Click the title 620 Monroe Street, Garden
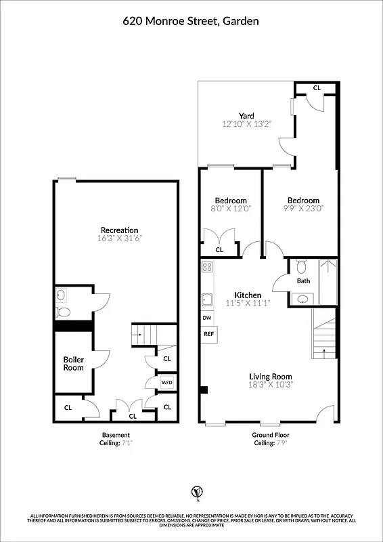[x=191, y=21]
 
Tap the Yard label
[x=246, y=116]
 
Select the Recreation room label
[x=119, y=230]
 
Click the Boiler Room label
[x=73, y=363]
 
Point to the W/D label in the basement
[x=166, y=382]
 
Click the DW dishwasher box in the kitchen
[x=207, y=318]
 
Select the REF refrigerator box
[x=208, y=334]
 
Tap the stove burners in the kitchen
[x=206, y=268]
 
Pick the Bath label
[x=302, y=280]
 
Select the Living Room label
[x=271, y=377]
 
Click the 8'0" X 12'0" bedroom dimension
[x=230, y=209]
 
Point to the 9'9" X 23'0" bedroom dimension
[x=302, y=209]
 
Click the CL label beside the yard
[x=317, y=88]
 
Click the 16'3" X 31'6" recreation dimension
[x=119, y=238]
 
